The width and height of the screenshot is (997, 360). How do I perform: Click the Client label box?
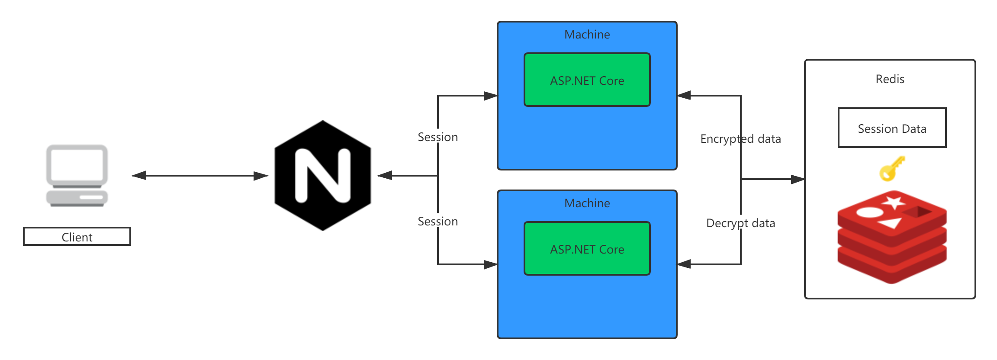[x=77, y=237]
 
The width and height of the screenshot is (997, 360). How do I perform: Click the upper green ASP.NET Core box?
[x=587, y=80]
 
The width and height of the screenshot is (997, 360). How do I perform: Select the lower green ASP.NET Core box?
[x=587, y=249]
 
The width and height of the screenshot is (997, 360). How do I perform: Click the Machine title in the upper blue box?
[x=587, y=35]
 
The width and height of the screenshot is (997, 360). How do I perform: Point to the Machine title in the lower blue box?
[x=587, y=203]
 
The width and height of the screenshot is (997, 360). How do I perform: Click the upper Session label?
[x=437, y=137]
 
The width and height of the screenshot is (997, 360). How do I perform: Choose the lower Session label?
[x=437, y=221]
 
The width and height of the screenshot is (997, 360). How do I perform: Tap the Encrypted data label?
[x=740, y=138]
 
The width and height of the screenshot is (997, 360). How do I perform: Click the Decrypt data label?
[x=740, y=223]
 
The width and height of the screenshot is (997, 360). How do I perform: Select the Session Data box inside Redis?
[x=892, y=128]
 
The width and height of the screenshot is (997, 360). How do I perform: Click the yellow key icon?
[x=891, y=169]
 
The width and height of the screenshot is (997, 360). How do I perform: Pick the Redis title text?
[x=890, y=79]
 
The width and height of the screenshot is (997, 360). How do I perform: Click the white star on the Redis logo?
[x=893, y=202]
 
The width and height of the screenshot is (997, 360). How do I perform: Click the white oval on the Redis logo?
[x=869, y=212]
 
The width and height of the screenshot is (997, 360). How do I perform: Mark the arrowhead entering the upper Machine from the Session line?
[x=490, y=96]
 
